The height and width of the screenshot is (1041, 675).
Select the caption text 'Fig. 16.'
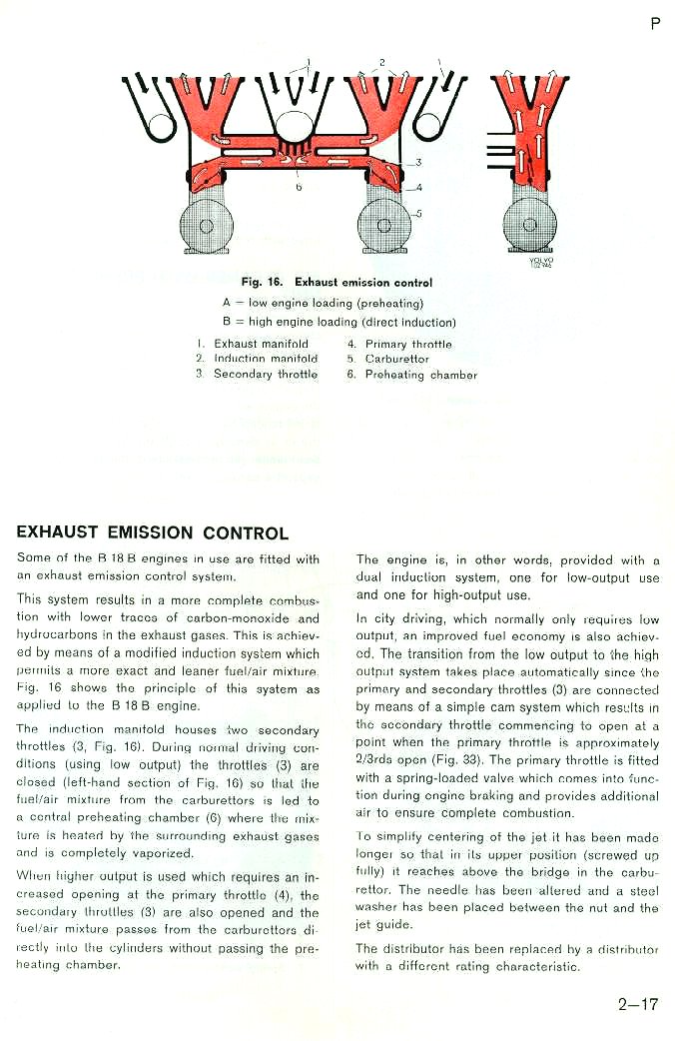(263, 283)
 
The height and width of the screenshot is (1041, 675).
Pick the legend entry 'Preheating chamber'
(420, 376)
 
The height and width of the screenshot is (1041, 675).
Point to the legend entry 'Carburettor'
(396, 360)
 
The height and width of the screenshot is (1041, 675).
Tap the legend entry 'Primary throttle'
(407, 344)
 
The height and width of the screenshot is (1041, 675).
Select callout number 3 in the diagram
(418, 162)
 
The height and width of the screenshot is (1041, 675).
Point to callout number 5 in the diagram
(419, 212)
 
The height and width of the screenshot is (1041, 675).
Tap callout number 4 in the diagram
(419, 187)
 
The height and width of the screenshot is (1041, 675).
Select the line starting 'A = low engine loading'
(323, 303)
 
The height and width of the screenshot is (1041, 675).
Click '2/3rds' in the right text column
(373, 758)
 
